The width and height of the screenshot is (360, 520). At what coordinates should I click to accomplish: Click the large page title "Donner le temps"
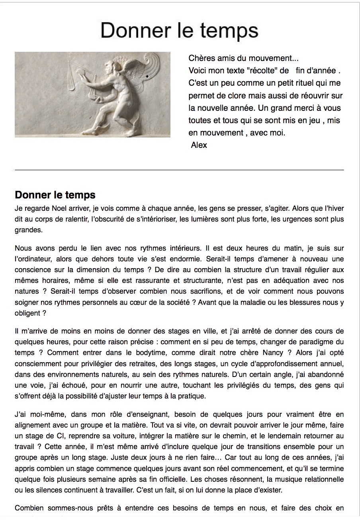[179, 31]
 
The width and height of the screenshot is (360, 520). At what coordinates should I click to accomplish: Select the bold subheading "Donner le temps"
[55, 195]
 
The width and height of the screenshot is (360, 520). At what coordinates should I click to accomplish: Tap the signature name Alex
[199, 145]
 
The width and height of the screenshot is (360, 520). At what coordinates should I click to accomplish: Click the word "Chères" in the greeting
[200, 58]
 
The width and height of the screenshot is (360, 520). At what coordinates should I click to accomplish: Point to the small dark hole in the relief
[147, 75]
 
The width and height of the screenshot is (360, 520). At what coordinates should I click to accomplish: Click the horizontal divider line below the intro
[179, 170]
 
